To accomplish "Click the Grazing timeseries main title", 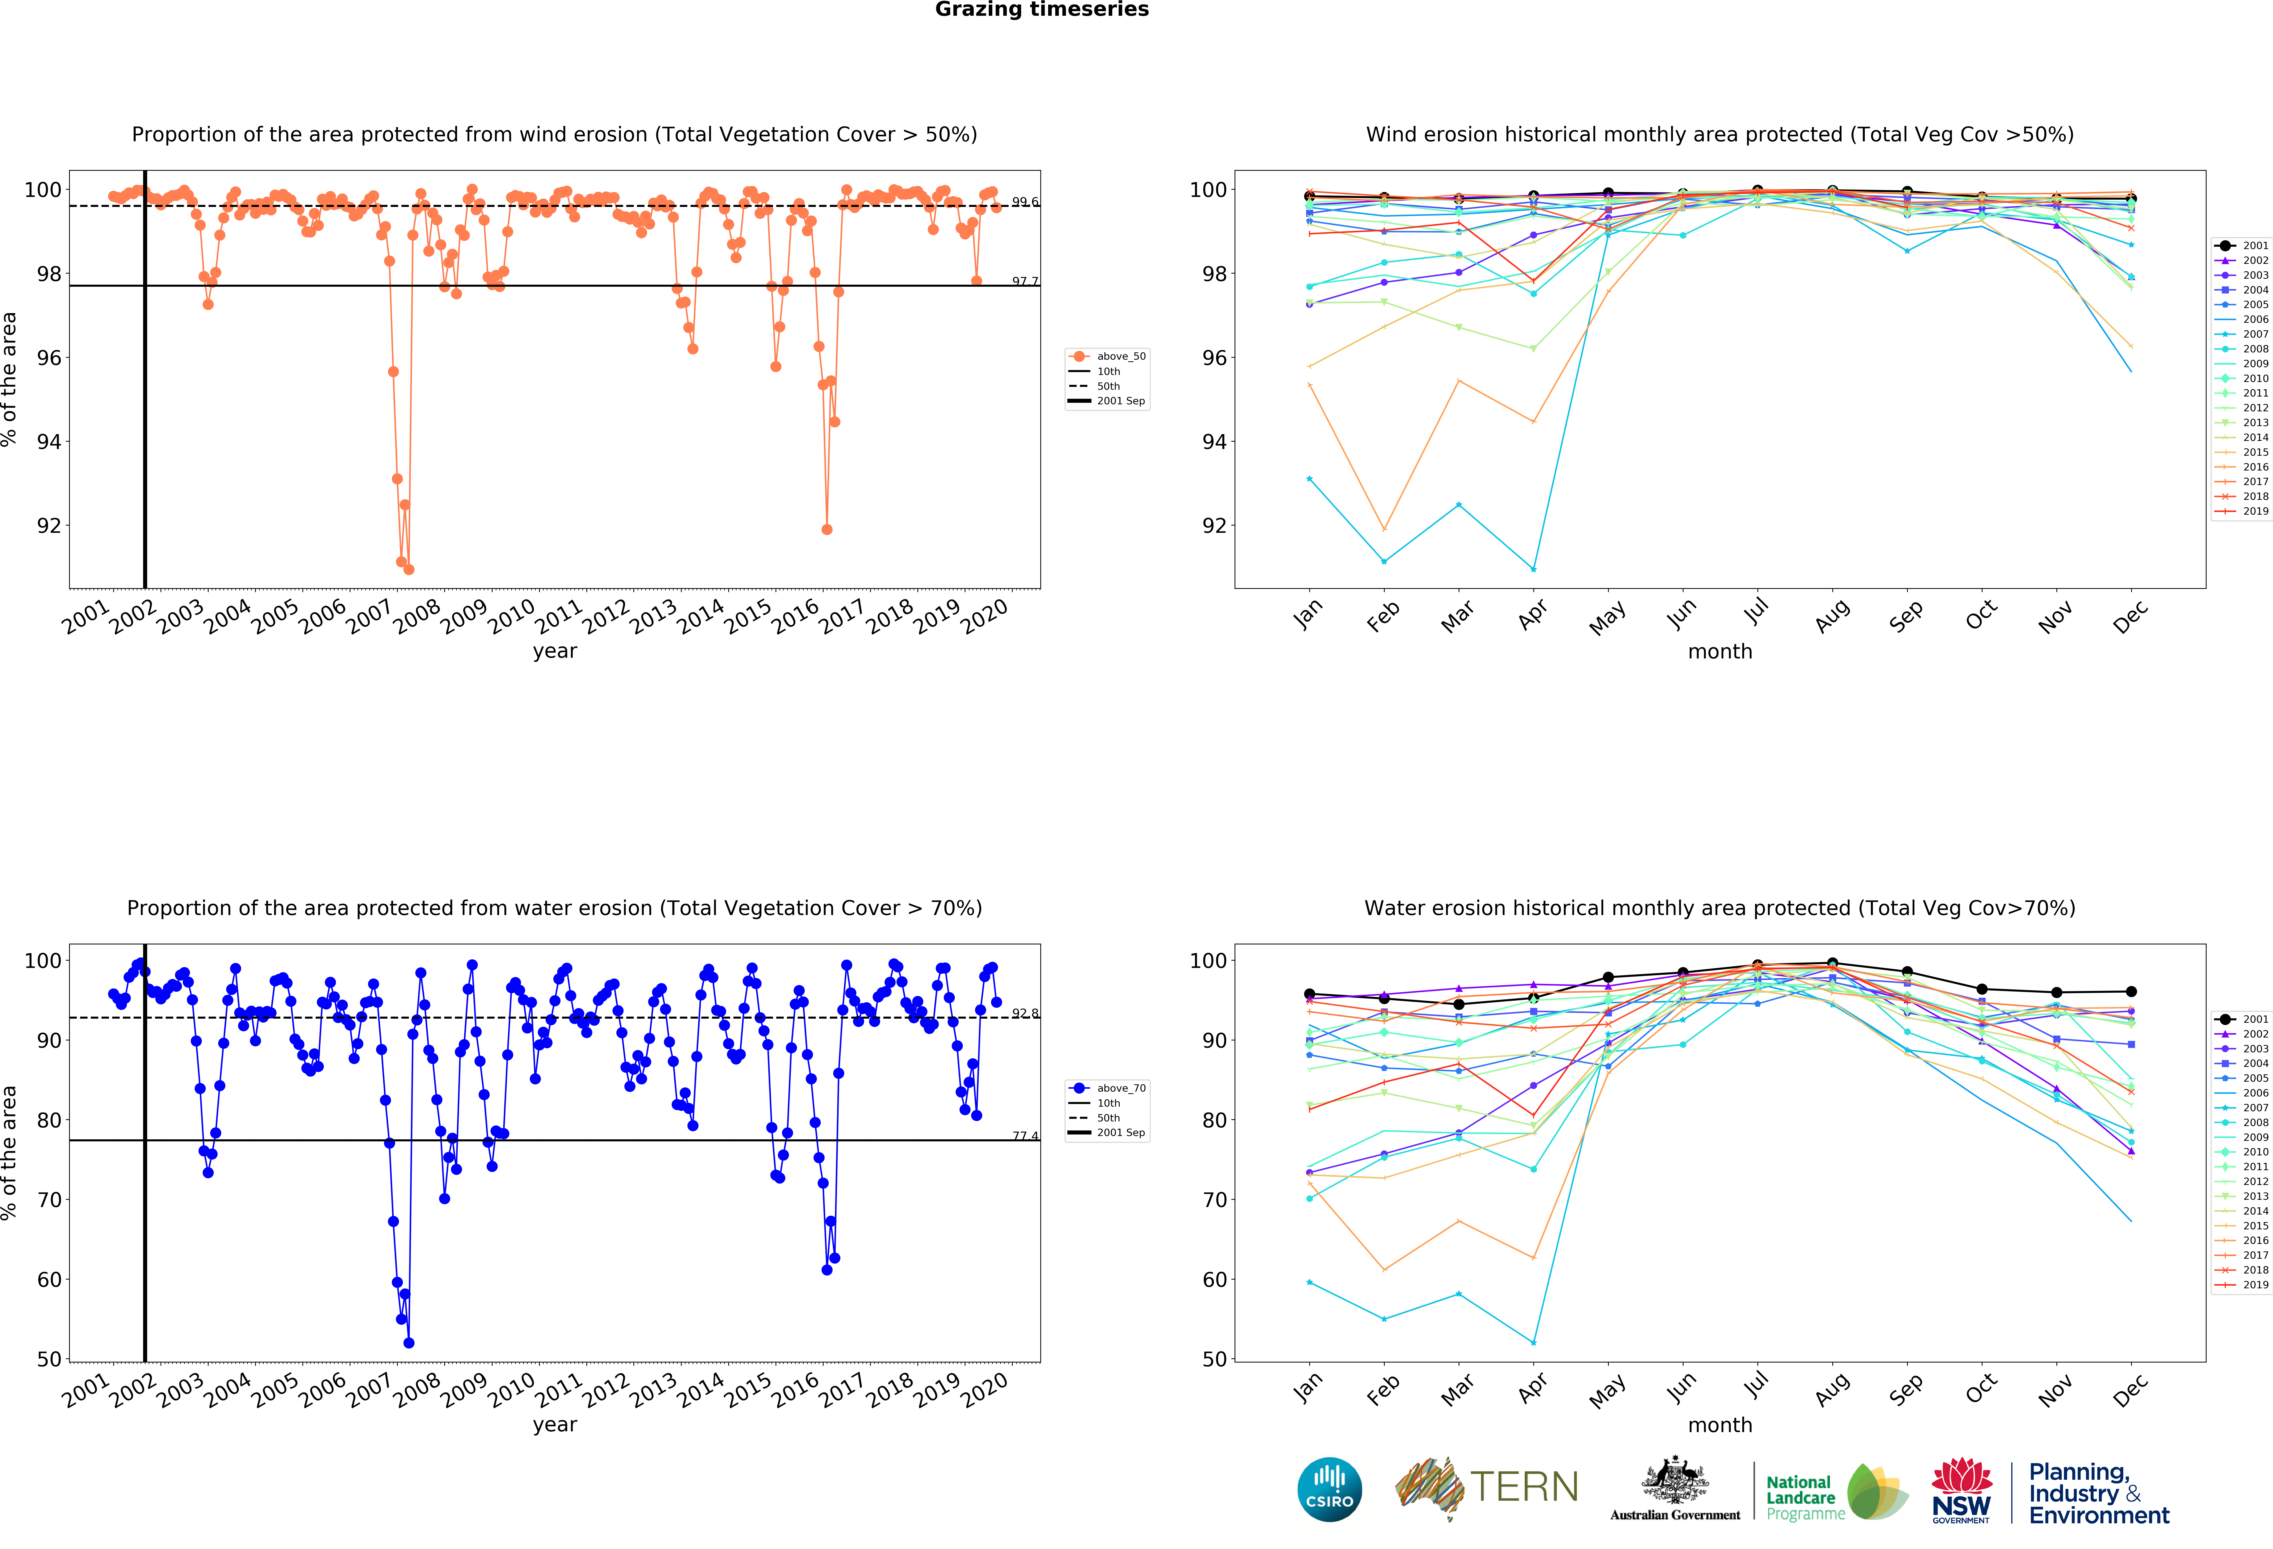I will (1042, 10).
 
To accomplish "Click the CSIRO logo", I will (1329, 1489).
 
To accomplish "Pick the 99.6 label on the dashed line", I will (1024, 202).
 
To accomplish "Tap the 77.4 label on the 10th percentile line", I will (1024, 1135).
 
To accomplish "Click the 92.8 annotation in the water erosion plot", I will (1024, 1013).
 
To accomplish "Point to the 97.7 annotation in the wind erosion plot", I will (1024, 282).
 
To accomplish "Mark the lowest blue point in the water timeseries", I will (409, 1343).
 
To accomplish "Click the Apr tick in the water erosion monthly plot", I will (1533, 1387).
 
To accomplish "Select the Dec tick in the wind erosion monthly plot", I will (2130, 616).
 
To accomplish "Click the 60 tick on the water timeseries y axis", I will (49, 1279).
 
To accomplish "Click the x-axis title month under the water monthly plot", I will (1719, 1425).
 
